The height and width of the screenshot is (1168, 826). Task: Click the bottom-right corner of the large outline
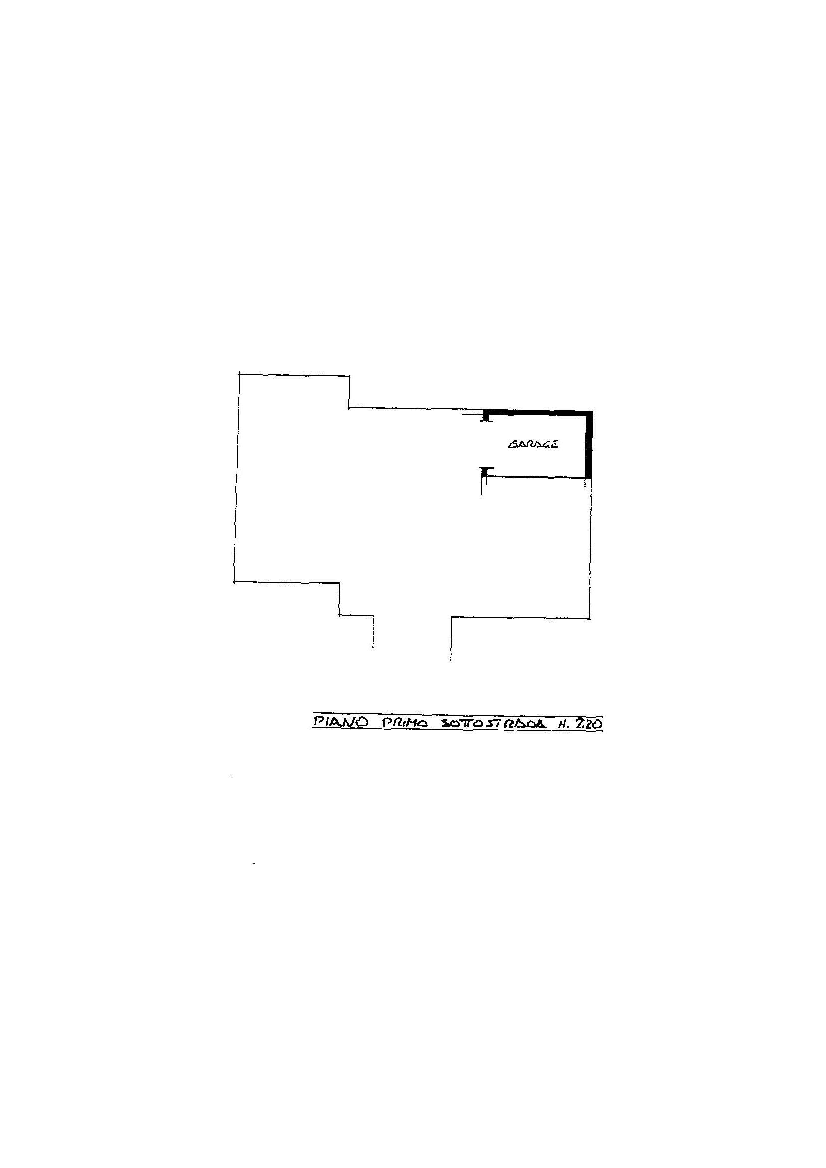pos(590,618)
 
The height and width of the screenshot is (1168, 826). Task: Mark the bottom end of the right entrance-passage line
pos(450,660)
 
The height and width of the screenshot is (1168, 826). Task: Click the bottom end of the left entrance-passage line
pos(373,647)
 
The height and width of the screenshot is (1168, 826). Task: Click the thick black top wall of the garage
pos(538,413)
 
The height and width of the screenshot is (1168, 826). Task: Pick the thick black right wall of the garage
pos(590,444)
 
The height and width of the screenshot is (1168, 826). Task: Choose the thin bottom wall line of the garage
pos(536,476)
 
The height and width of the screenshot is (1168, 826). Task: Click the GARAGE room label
pos(533,444)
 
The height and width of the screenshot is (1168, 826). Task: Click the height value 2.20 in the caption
pos(589,723)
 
